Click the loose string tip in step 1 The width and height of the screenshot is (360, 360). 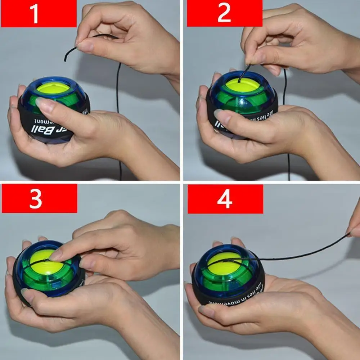[66, 59]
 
